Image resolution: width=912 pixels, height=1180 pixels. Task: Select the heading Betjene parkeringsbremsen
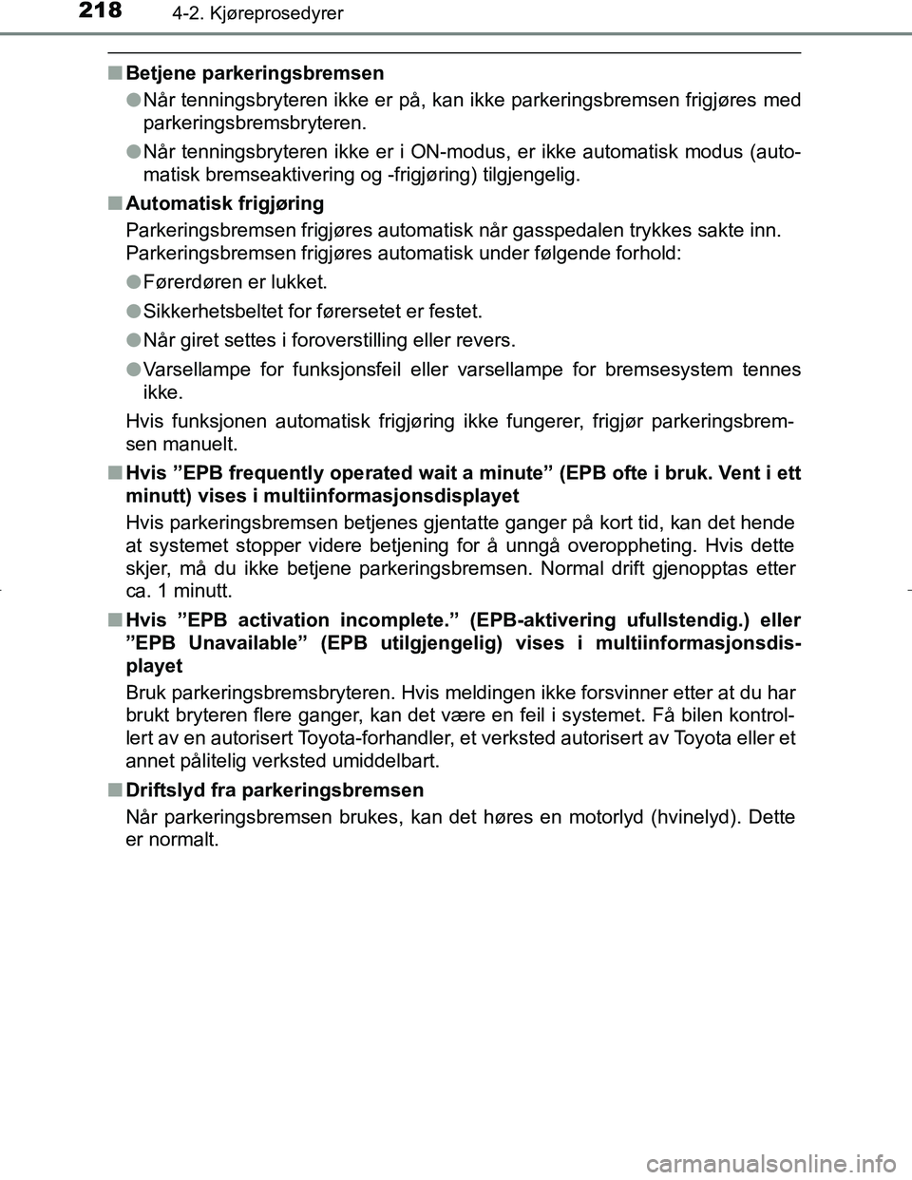pos(255,73)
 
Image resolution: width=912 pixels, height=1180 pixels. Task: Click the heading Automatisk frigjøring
pos(224,203)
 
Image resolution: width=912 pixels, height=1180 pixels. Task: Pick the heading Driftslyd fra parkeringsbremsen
pos(275,790)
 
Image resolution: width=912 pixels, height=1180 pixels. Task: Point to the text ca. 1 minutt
pos(178,591)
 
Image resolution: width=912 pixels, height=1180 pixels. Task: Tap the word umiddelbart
pos(388,761)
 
